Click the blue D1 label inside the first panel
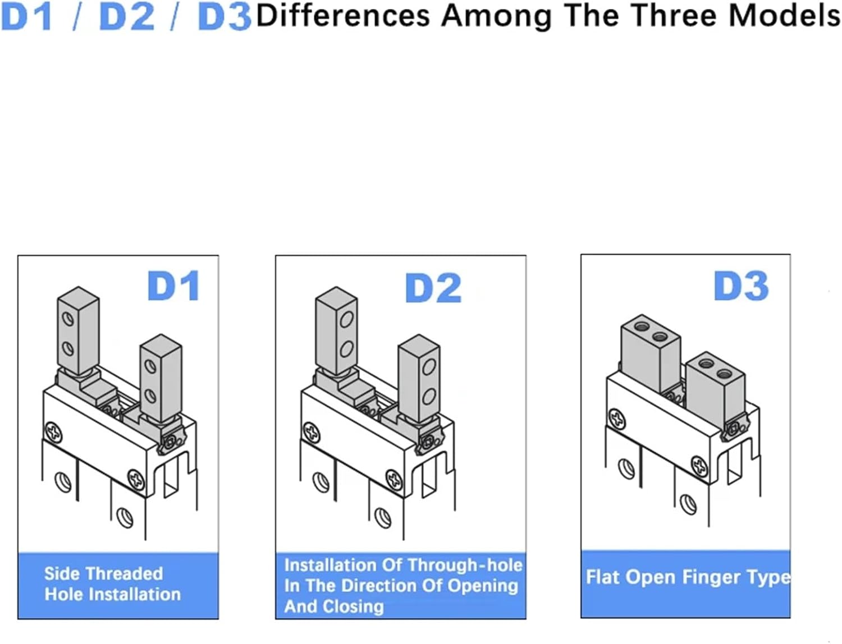pos(173,286)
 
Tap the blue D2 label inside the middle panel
pos(433,288)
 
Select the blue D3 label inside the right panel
pos(741,286)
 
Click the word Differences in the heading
pos(342,16)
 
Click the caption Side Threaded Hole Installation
pos(112,584)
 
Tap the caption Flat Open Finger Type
pos(688,577)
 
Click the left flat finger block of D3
pos(649,353)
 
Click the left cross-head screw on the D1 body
pos(54,433)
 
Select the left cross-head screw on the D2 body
pos(312,433)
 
